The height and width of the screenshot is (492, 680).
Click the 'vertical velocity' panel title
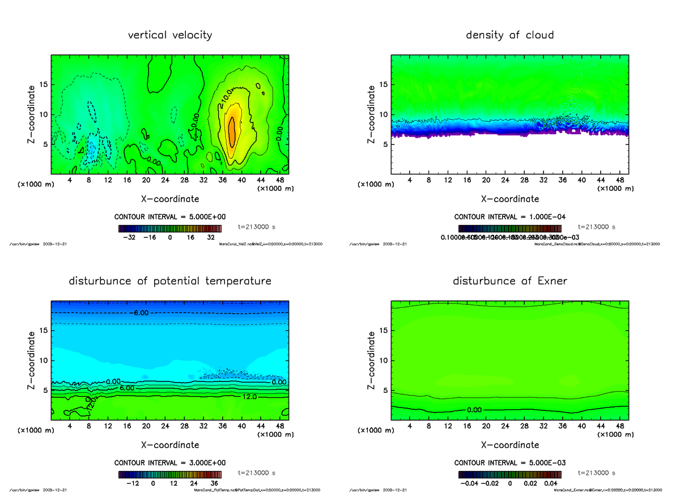coord(170,35)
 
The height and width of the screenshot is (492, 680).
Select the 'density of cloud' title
coord(509,35)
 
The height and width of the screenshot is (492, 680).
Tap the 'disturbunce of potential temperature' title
coord(170,281)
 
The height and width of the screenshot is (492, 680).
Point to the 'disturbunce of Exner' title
coord(509,281)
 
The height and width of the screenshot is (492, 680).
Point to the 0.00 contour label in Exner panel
coord(475,409)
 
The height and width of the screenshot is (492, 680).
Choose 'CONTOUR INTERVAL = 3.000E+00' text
coord(170,463)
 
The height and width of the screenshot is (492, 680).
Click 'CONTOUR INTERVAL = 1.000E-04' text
coord(509,217)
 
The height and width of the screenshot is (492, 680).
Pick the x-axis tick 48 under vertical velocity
coord(279,180)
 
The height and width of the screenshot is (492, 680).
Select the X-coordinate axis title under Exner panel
coord(509,444)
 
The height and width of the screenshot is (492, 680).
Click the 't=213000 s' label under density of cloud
coord(596,227)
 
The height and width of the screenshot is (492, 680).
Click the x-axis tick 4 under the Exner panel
coord(410,426)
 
